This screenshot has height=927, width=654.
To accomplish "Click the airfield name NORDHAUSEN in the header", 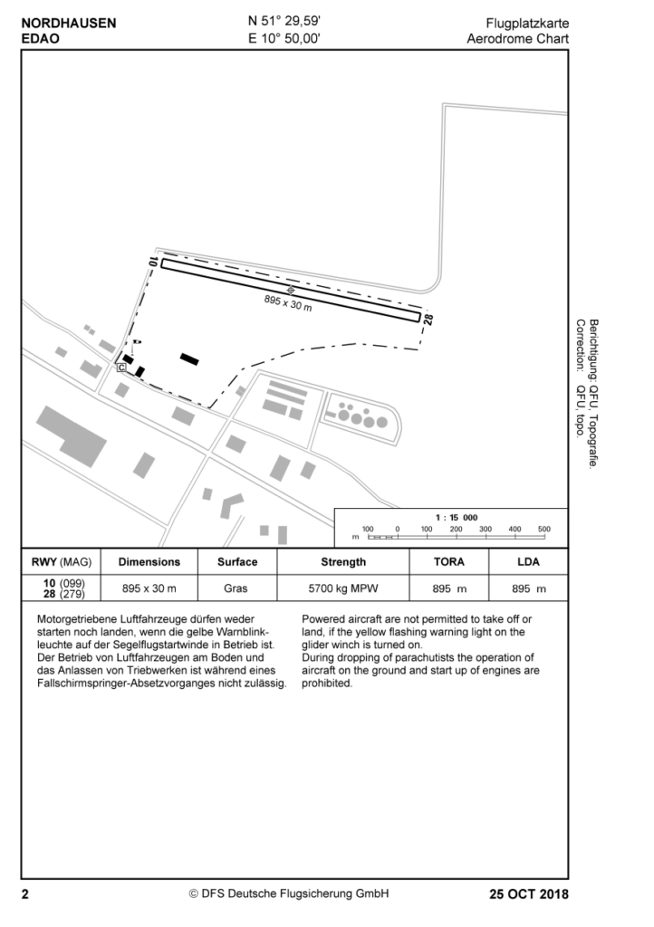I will point(69,24).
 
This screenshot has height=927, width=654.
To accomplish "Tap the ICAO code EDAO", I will point(41,39).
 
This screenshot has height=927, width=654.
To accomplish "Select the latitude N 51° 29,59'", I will point(284,23).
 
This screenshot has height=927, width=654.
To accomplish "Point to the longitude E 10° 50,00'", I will point(284,39).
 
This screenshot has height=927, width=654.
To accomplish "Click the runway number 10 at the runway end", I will point(154,262).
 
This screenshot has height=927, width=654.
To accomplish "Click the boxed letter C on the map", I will point(121,368).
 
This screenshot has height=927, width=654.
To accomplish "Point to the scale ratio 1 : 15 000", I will point(457,517).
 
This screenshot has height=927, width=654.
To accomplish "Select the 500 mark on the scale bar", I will point(543,528).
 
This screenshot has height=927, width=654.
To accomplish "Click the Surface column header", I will point(237,561).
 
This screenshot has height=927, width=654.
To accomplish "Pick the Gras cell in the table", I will point(237,588).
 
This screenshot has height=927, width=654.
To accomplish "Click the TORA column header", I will point(449,561).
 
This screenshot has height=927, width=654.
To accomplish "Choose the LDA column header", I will point(528,561).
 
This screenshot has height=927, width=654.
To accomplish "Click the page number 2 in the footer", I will point(25,894).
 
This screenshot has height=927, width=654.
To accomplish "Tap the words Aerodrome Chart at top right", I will point(518,39).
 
